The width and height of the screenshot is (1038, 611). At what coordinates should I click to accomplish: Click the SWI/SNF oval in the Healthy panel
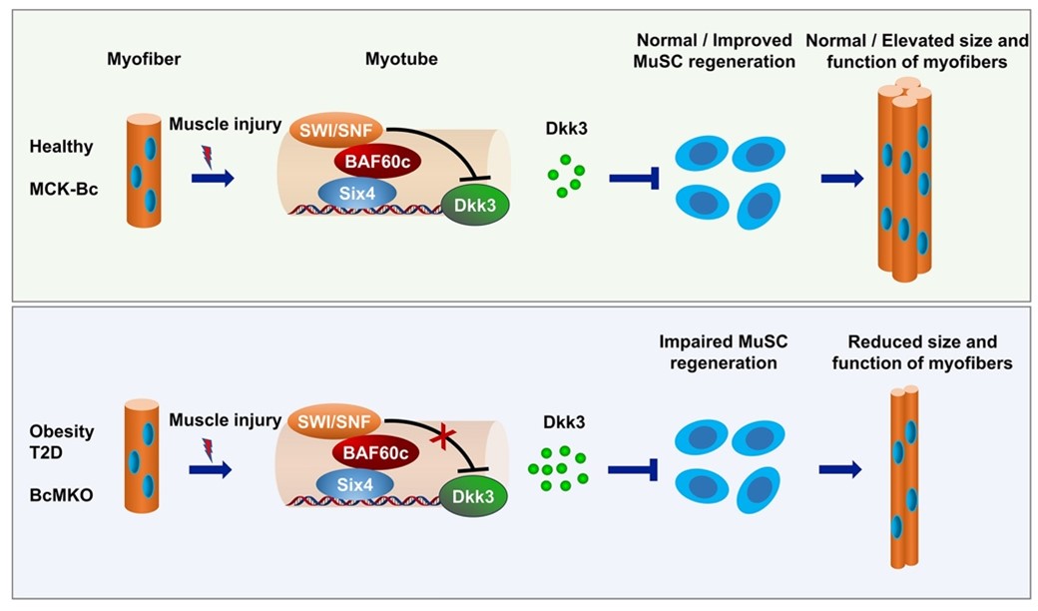pyautogui.click(x=331, y=129)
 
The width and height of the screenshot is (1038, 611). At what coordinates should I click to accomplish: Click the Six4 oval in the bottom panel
pyautogui.click(x=353, y=483)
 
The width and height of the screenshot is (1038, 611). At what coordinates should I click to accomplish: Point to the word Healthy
pyautogui.click(x=61, y=146)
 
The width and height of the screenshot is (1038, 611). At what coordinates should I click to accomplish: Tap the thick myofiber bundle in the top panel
pyautogui.click(x=904, y=180)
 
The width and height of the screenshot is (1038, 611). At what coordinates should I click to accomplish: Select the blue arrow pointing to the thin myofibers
pyautogui.click(x=839, y=470)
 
